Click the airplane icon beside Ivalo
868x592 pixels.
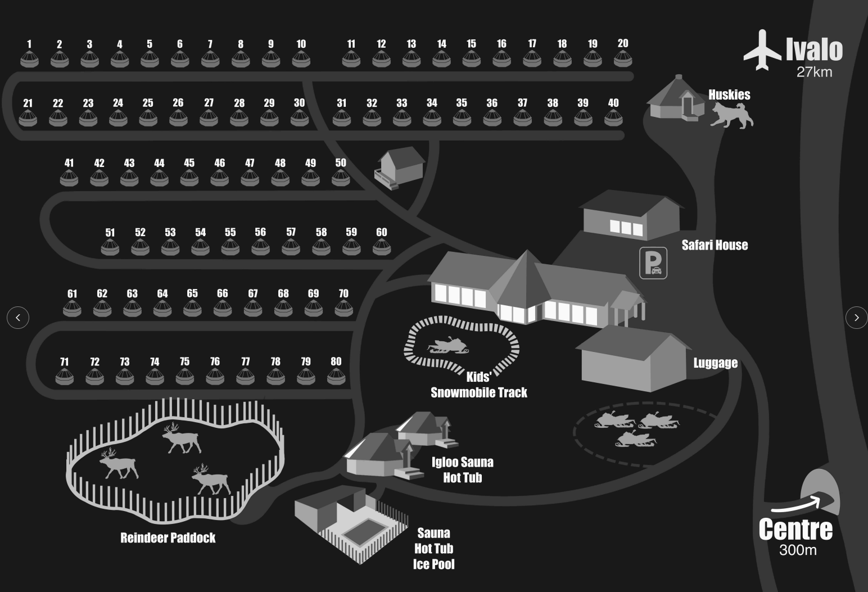tap(762, 50)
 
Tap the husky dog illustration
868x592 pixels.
tap(732, 115)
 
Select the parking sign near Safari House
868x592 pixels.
tap(653, 263)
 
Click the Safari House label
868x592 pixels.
tap(715, 245)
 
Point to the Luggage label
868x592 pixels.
tap(715, 363)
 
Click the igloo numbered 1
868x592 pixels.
tap(29, 58)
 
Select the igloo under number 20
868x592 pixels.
tap(622, 58)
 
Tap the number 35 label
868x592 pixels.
tap(462, 103)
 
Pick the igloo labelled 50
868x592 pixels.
tap(341, 178)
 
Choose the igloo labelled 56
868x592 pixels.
tap(260, 247)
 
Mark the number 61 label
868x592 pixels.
tap(72, 293)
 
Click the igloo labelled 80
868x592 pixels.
tap(336, 377)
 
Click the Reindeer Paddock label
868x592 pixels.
tap(168, 538)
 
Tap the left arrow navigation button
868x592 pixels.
tap(18, 318)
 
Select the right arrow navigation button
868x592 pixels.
tap(856, 318)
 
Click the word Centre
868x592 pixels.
tap(795, 530)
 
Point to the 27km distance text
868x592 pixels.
tap(814, 72)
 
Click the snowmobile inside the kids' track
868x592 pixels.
tap(448, 346)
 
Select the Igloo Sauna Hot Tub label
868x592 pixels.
tap(462, 470)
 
